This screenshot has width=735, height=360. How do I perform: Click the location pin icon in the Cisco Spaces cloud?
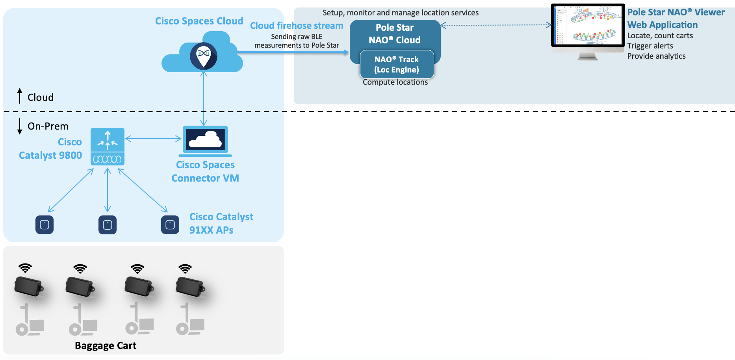pyautogui.click(x=203, y=56)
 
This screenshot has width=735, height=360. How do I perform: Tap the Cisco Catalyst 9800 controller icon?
pyautogui.click(x=108, y=147)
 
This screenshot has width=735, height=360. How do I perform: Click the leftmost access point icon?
pyautogui.click(x=45, y=225)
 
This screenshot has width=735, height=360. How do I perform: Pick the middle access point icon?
pyautogui.click(x=108, y=225)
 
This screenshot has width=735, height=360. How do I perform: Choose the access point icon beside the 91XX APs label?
pyautogui.click(x=170, y=225)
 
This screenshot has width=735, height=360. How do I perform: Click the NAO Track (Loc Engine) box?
pyautogui.click(x=397, y=65)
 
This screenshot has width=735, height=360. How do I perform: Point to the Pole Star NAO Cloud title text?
pyautogui.click(x=395, y=34)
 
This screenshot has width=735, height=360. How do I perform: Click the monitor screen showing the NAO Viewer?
pyautogui.click(x=588, y=25)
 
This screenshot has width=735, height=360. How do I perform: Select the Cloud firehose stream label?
pyautogui.click(x=297, y=26)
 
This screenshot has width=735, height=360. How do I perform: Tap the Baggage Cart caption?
pyautogui.click(x=106, y=345)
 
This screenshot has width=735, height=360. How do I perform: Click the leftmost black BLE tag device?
pyautogui.click(x=28, y=286)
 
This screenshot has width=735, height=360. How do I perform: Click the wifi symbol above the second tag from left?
pyautogui.click(x=80, y=269)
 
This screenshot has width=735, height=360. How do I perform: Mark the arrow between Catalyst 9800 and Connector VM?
pyautogui.click(x=153, y=138)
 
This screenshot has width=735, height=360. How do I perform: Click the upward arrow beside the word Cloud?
pyautogui.click(x=20, y=96)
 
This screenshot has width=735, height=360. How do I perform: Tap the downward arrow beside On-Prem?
pyautogui.click(x=20, y=126)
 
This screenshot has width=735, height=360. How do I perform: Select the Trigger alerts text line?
pyautogui.click(x=650, y=46)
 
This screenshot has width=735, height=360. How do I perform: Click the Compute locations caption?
pyautogui.click(x=395, y=82)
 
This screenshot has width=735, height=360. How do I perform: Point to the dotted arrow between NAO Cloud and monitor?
pyautogui.click(x=496, y=25)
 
